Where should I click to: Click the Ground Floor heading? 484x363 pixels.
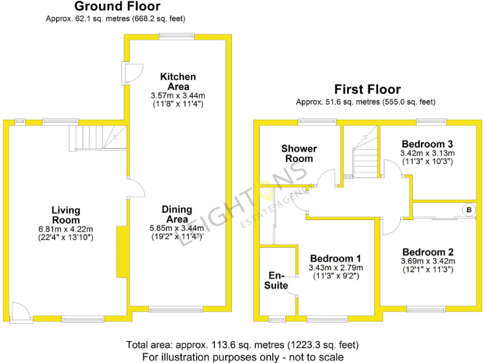[x=117, y=7]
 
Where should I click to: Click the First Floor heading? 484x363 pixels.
[x=367, y=89]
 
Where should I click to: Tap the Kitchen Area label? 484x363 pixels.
[x=177, y=81]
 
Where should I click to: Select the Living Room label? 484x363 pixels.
[x=66, y=215]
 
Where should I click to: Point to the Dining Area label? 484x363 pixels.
[x=177, y=214]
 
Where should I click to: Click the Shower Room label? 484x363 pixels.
[x=299, y=153]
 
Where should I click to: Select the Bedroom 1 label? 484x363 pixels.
[x=335, y=258]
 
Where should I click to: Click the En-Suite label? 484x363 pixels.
[x=277, y=280]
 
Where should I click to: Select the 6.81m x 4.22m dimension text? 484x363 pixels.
[x=66, y=229]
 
